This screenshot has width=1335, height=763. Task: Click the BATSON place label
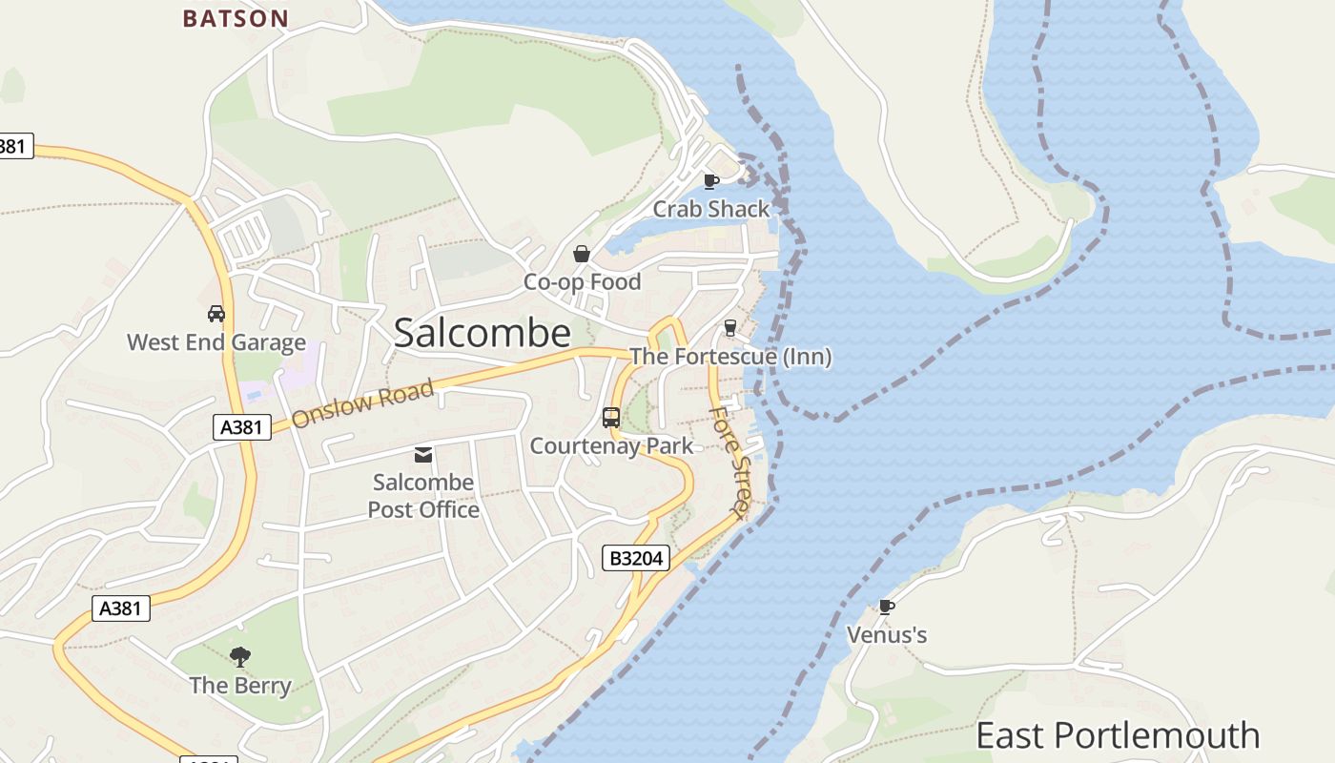pyautogui.click(x=235, y=18)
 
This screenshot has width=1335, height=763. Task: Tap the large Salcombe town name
pyautogui.click(x=482, y=333)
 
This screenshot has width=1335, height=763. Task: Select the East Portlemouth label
pyautogui.click(x=1118, y=735)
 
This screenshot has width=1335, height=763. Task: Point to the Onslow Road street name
pyautogui.click(x=362, y=403)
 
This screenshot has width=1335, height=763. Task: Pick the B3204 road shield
pyautogui.click(x=635, y=558)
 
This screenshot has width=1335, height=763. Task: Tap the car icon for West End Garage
pyautogui.click(x=216, y=314)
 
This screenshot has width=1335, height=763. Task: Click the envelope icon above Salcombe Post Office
pyautogui.click(x=423, y=455)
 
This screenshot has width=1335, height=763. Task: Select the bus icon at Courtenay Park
pyautogui.click(x=611, y=418)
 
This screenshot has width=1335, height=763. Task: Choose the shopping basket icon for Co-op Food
pyautogui.click(x=582, y=254)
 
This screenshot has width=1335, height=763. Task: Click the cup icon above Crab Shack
pyautogui.click(x=710, y=181)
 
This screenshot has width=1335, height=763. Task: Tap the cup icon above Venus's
pyautogui.click(x=886, y=607)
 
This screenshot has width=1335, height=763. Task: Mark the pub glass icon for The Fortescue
pyautogui.click(x=730, y=328)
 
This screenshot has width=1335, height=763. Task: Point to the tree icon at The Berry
pyautogui.click(x=240, y=655)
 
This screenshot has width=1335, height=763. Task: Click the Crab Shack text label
pyautogui.click(x=710, y=209)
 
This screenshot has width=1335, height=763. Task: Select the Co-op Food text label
pyautogui.click(x=582, y=282)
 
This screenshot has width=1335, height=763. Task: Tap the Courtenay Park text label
pyautogui.click(x=611, y=445)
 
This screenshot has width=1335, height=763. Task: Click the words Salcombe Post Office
pyautogui.click(x=423, y=496)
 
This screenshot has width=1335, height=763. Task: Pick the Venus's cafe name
pyautogui.click(x=887, y=635)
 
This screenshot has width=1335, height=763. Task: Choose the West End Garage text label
pyautogui.click(x=216, y=342)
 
